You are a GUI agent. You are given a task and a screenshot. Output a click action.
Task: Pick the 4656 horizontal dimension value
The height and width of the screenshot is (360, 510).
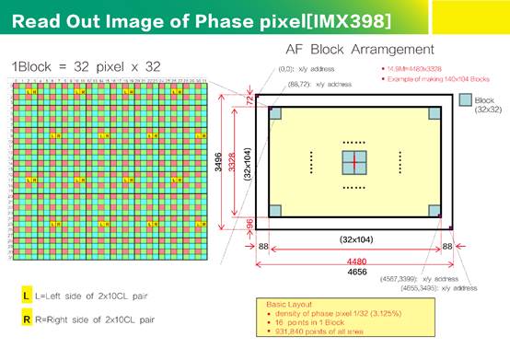[x=353, y=273]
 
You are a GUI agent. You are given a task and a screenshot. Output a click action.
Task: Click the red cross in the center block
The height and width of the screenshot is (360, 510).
[x=354, y=162]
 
